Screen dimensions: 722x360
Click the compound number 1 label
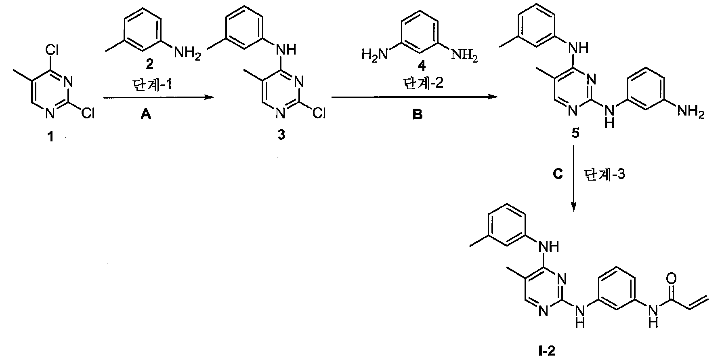tap(50, 137)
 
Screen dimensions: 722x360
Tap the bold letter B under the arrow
tap(418, 115)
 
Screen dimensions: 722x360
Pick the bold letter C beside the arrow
tap(557, 175)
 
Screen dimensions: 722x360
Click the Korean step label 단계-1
tap(147, 85)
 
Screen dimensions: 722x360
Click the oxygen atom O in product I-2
tap(672, 279)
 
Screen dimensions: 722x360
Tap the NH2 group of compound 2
tap(187, 52)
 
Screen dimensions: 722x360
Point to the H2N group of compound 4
tap(374, 54)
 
